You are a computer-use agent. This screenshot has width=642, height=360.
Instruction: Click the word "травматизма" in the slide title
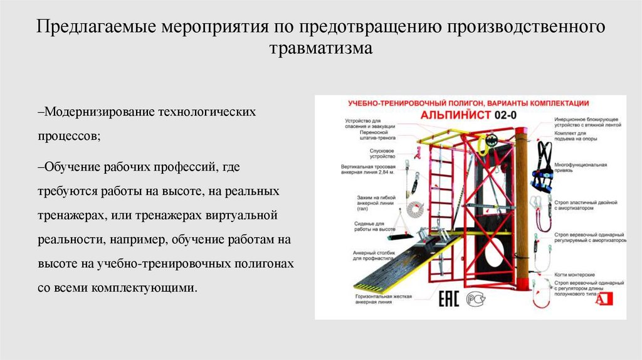[321, 48]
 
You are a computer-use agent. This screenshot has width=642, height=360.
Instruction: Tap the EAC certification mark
[451, 299]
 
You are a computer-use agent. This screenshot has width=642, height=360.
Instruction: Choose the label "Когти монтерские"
[574, 275]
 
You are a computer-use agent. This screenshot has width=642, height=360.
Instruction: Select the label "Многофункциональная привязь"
[581, 167]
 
